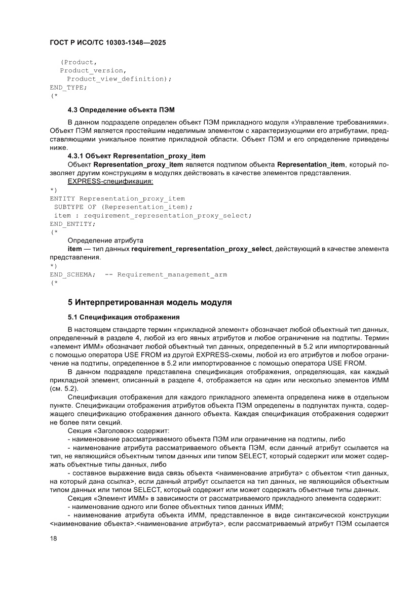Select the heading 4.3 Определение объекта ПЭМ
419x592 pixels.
pyautogui.click(x=121, y=110)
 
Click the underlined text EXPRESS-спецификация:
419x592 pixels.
pyautogui.click(x=110, y=181)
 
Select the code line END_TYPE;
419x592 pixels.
pyautogui.click(x=68, y=87)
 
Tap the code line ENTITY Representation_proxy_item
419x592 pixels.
pyautogui.click(x=117, y=199)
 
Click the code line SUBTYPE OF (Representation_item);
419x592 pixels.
pyautogui.click(x=123, y=207)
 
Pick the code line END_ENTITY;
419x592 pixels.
pyautogui.click(x=72, y=223)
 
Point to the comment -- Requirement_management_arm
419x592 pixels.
pyautogui.click(x=166, y=274)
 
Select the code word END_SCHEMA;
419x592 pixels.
pyautogui.click(x=72, y=274)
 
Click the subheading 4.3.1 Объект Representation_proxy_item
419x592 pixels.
pyautogui.click(x=136, y=156)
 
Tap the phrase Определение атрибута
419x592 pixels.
pyautogui.click(x=105, y=240)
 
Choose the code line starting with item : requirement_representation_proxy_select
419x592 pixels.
pyautogui.click(x=152, y=215)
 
